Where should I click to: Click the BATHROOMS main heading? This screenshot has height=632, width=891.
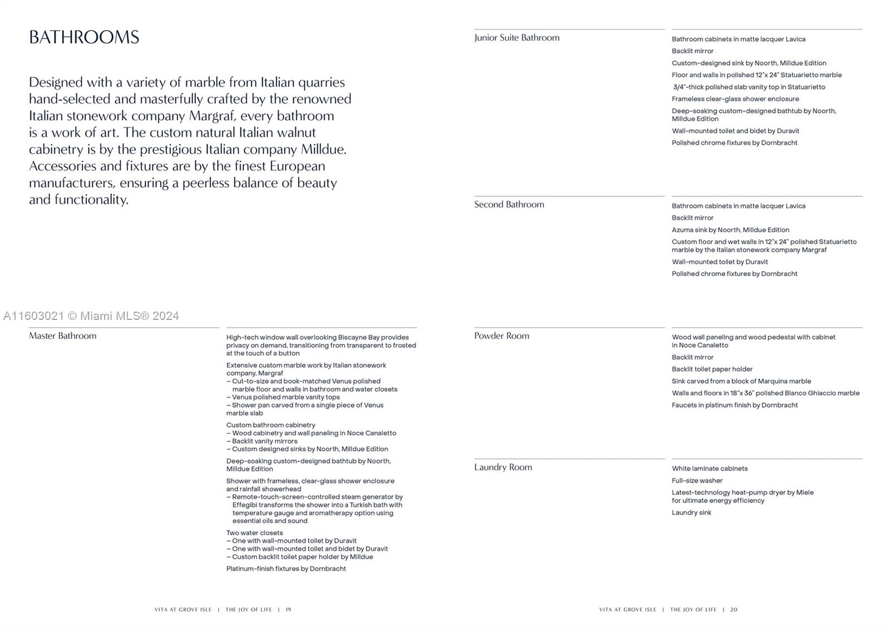[84, 37]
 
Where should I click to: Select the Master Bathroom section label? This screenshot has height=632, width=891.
[62, 336]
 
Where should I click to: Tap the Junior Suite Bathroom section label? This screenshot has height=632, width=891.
[517, 38]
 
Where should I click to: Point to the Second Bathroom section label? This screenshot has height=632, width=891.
[509, 205]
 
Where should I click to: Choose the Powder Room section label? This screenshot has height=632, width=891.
[502, 336]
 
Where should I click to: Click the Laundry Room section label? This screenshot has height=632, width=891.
[503, 468]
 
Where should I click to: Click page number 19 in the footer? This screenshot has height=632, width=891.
[288, 610]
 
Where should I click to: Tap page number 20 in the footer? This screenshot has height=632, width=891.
[734, 610]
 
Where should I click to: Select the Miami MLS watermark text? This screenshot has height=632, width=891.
[91, 316]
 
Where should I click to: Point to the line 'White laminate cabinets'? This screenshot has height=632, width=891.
[709, 469]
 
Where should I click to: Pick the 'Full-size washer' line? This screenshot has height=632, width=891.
[697, 480]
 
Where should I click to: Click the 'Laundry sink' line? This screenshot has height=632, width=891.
[691, 513]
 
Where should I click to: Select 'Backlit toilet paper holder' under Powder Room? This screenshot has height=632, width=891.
[712, 369]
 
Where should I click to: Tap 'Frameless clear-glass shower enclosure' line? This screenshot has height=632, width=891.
[735, 99]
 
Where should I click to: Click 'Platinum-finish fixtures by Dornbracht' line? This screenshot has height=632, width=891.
[286, 569]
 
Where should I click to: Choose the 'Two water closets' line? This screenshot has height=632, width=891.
[254, 533]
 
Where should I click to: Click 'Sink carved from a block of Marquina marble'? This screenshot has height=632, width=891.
[741, 381]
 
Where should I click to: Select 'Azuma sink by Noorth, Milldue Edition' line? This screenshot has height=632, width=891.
[730, 230]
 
